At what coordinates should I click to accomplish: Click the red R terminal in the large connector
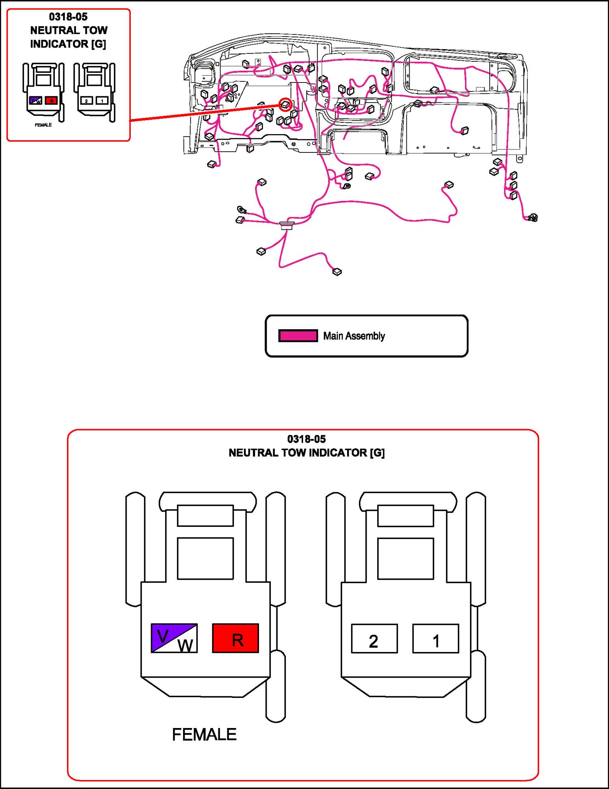pos(235,638)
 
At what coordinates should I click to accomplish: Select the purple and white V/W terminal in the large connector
pos(174,638)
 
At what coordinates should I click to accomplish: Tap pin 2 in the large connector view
pos(374,639)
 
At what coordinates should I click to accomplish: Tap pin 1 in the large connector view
pos(436,639)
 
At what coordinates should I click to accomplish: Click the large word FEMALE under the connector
pos(204,735)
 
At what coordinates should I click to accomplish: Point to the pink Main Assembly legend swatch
pos(298,336)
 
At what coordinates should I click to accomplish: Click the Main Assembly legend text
pos(354,336)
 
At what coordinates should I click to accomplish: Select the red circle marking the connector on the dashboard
pos(286,104)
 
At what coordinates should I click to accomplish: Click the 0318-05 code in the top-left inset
pos(68,17)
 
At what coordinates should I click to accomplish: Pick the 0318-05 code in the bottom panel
pos(307,439)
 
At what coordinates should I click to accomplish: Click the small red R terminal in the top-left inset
pos(51,100)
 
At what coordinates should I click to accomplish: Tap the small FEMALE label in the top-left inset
pos(43,125)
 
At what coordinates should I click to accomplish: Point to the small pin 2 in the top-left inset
pos(86,100)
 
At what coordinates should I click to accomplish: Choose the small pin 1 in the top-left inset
pos(102,100)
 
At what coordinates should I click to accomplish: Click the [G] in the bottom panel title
pos(377,453)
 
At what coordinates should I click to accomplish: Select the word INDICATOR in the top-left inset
pos(59,44)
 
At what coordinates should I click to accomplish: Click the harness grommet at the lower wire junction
pos(287,225)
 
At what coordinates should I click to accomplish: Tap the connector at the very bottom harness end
pos(337,272)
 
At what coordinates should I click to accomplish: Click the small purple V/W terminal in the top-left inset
pos(36,100)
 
